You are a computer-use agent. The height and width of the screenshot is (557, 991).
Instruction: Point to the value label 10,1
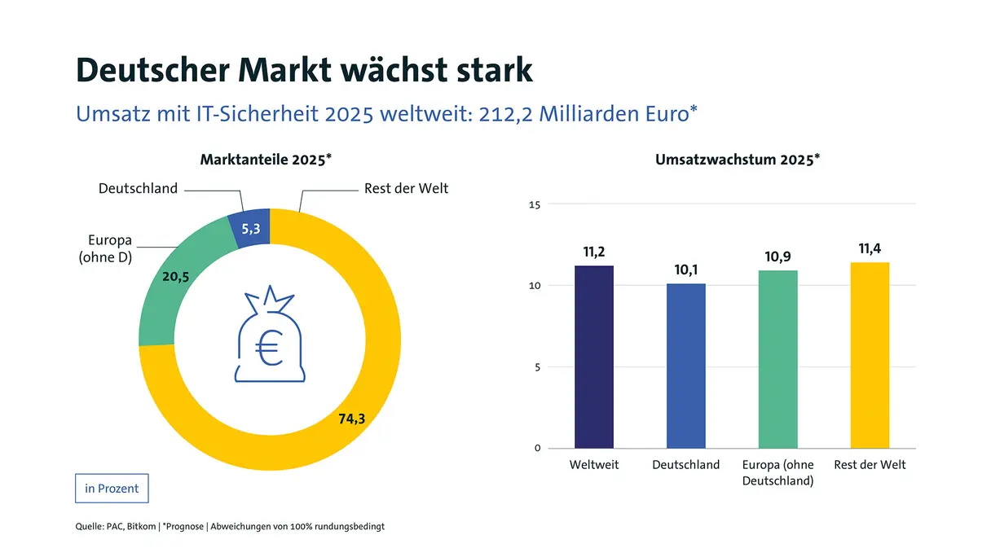[x=686, y=270]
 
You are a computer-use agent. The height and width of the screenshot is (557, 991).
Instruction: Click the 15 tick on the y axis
[x=535, y=204]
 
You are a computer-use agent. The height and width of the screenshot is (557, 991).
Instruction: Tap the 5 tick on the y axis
[x=538, y=367]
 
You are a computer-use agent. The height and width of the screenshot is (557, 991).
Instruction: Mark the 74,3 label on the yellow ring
[x=351, y=419]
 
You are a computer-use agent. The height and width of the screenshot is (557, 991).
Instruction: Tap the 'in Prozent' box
[x=112, y=489]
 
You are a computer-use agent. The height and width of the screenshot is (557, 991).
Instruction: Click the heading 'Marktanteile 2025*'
[x=266, y=160]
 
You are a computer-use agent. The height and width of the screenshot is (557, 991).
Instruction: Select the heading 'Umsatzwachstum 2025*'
[x=737, y=160]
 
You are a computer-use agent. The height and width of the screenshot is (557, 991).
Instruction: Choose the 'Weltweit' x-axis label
[x=594, y=465]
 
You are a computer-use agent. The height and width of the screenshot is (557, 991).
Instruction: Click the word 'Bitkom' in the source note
[x=142, y=527]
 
